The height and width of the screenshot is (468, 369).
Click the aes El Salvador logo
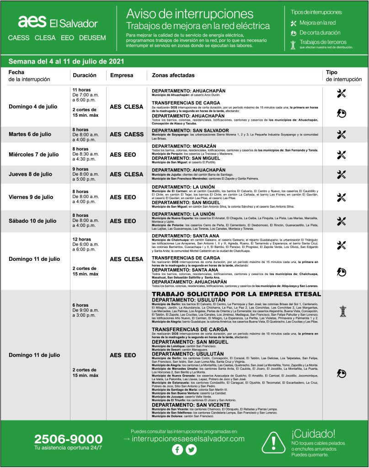58,22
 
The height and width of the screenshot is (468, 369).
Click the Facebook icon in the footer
177,450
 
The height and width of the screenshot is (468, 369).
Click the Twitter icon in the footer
191,450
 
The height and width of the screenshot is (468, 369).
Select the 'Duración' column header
84,75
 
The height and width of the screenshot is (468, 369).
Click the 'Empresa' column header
122,75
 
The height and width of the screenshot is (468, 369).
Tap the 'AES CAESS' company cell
127,134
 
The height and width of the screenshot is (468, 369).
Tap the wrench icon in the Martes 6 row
341,134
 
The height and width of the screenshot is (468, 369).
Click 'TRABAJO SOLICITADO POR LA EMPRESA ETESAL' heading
236,294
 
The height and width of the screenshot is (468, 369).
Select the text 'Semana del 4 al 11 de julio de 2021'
67,61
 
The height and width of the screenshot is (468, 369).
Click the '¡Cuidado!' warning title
313,433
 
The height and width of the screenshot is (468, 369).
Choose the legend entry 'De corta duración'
320,33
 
